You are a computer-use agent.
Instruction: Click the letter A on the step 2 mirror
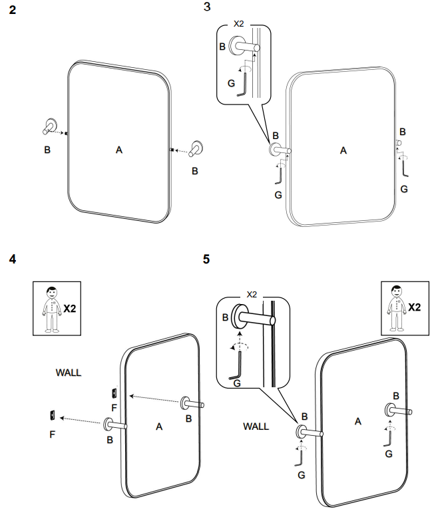(x=119, y=150)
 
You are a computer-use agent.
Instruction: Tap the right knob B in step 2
(x=196, y=148)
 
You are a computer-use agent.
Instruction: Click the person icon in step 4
(x=51, y=308)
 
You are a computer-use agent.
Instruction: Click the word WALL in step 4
(x=69, y=373)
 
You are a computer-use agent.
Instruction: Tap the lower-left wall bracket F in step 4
(x=51, y=417)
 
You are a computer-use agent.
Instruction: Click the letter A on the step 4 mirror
(x=159, y=426)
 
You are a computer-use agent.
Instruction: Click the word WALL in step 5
(x=256, y=426)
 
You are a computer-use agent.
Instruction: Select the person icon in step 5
(x=396, y=307)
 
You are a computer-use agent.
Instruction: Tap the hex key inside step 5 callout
(x=237, y=367)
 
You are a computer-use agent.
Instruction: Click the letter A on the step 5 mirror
(x=358, y=421)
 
